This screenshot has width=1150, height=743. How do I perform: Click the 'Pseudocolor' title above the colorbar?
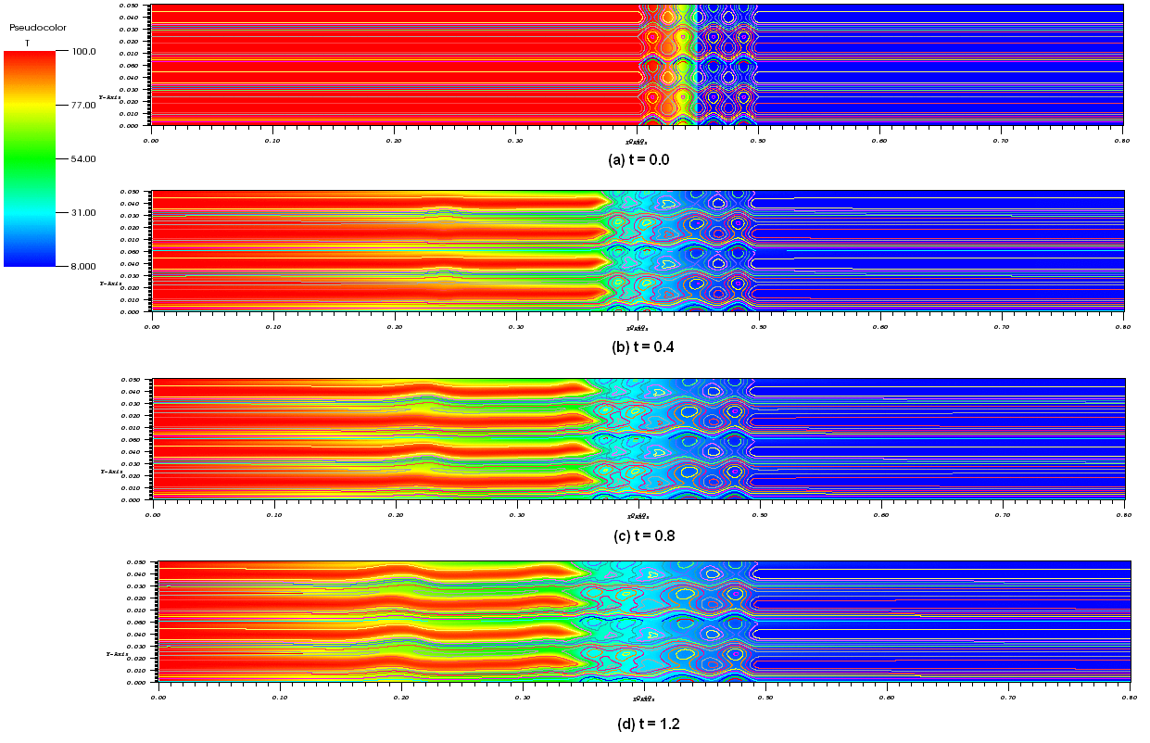pos(32,28)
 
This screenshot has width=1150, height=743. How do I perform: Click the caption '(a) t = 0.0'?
pos(638,159)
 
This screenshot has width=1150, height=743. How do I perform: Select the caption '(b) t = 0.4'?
pos(638,347)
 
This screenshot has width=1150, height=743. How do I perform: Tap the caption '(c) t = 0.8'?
pos(638,535)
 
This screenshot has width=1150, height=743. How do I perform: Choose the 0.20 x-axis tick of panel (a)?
pos(394,141)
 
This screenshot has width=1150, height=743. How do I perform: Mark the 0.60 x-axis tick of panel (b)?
pos(879,327)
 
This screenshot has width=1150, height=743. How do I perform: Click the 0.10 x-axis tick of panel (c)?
pos(274,514)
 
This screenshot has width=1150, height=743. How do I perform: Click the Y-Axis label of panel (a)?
pos(114,95)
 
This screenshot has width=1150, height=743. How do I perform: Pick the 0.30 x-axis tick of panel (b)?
pos(515,327)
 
